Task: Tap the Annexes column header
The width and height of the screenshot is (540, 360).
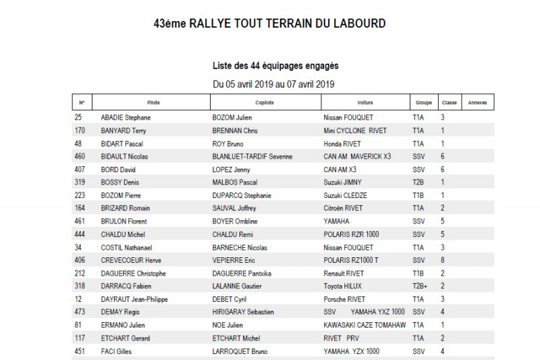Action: click(x=477, y=103)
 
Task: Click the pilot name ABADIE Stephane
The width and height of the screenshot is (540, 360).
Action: click(x=126, y=118)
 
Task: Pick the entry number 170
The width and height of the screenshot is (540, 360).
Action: click(x=80, y=130)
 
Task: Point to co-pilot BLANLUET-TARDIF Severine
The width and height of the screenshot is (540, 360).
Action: click(x=252, y=157)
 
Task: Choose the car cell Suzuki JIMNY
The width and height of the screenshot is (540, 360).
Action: click(x=343, y=182)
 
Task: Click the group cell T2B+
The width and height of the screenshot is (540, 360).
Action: click(x=420, y=286)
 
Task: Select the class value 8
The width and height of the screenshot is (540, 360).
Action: click(x=443, y=260)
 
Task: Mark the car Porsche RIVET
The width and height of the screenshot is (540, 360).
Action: click(x=346, y=299)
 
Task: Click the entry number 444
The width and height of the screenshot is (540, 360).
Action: click(x=80, y=234)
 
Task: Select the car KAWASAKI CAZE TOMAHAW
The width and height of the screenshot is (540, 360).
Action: click(x=365, y=325)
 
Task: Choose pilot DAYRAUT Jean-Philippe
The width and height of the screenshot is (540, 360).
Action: click(x=134, y=299)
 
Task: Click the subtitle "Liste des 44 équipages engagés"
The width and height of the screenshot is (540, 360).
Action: click(x=275, y=66)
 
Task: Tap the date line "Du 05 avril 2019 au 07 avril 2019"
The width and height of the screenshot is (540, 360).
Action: click(x=273, y=84)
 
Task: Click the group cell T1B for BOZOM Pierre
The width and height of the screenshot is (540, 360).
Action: click(x=418, y=195)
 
